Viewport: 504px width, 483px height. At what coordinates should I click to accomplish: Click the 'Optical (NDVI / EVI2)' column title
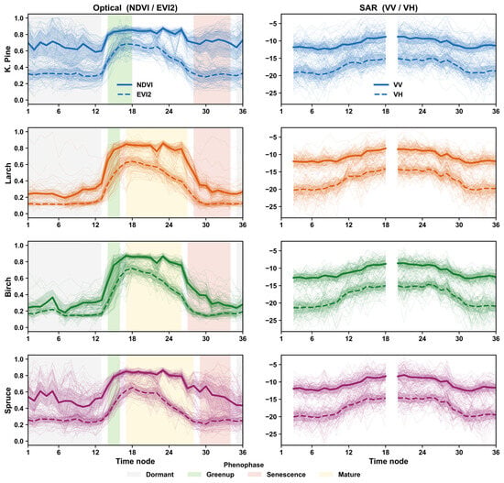coord(136,8)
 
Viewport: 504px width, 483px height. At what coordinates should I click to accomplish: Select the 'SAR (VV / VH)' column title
coord(389,8)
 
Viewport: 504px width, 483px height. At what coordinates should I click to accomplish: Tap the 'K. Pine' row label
coord(7,59)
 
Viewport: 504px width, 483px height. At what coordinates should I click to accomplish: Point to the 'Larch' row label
coord(7,173)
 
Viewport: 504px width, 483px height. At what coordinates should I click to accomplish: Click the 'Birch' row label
coord(7,287)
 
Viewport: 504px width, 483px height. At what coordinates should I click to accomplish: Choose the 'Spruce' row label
coord(7,401)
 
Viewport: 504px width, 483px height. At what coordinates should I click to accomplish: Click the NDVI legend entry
coord(135,85)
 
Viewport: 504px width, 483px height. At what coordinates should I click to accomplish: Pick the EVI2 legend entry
coord(134,94)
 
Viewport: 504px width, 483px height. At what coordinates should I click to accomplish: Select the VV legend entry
coord(389,85)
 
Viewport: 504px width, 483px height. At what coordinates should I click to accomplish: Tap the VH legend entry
coord(389,94)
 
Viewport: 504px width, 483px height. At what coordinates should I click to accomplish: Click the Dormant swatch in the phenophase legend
coord(134,475)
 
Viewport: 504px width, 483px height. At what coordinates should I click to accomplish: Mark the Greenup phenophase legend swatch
coord(194,475)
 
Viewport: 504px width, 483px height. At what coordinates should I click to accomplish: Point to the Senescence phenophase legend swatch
coord(255,475)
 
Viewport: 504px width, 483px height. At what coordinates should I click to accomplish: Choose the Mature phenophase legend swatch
coord(326,475)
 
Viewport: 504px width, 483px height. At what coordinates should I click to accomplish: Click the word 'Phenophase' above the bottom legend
coord(244,465)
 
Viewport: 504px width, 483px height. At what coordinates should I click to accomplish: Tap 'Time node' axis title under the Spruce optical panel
coord(136,461)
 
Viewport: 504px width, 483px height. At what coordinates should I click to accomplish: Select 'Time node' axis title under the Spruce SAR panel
coord(389,461)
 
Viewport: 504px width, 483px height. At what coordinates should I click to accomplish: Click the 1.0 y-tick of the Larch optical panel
coord(19,132)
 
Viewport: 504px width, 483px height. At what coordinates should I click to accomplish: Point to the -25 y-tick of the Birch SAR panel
coord(271,320)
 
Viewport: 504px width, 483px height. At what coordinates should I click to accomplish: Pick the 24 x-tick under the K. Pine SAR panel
coord(422,111)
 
